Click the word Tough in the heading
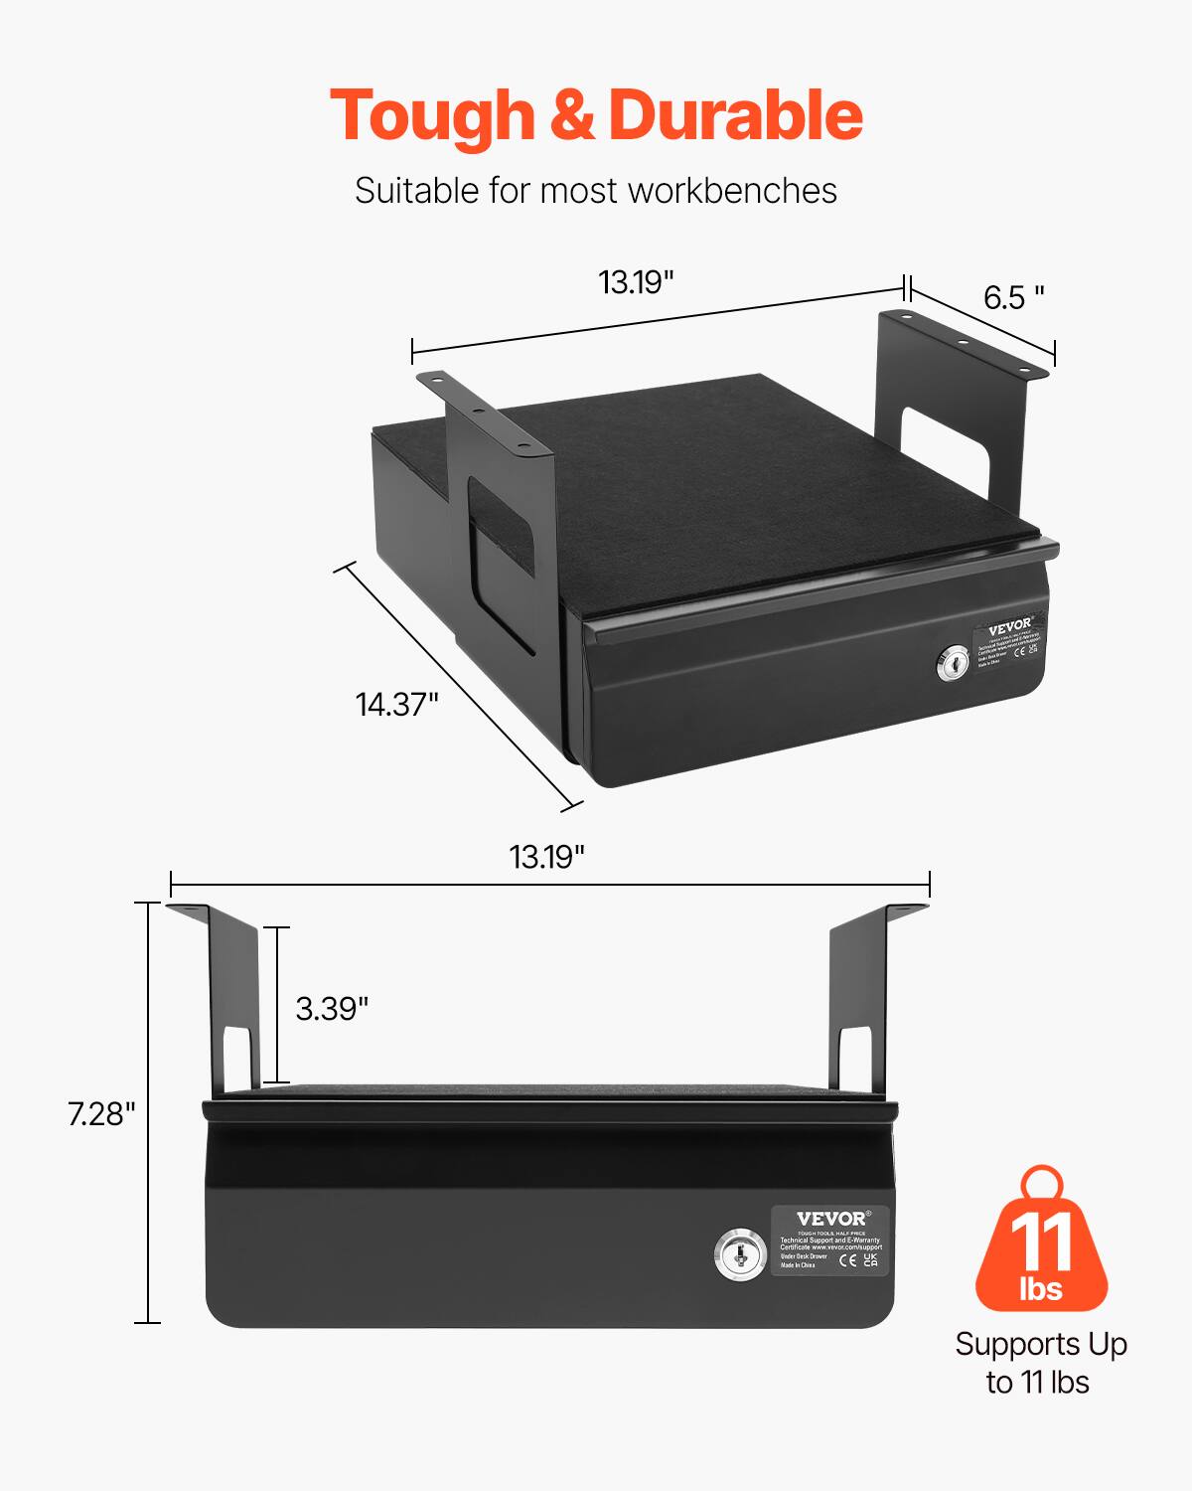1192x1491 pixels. point(433,115)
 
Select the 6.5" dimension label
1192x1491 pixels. point(1014,296)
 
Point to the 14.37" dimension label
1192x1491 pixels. point(396,704)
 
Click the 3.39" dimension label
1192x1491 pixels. point(332,1008)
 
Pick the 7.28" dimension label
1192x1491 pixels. point(101,1114)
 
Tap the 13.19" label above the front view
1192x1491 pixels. point(546,856)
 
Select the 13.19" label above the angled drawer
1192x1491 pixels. point(636,282)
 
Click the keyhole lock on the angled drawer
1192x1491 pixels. point(952,664)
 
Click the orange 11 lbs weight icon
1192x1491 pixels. point(1041,1242)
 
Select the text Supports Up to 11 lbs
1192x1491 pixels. point(1040,1363)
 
